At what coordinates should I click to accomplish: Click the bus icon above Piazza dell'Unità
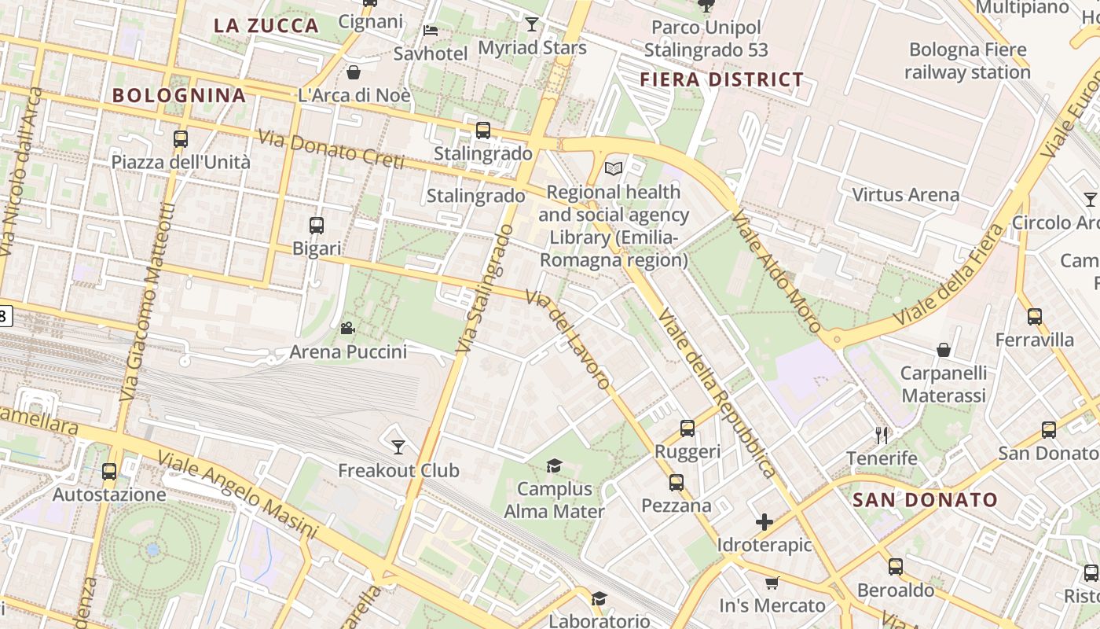pyautogui.click(x=181, y=139)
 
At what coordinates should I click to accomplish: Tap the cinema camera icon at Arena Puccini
pyautogui.click(x=347, y=328)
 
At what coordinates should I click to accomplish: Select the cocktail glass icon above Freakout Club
pyautogui.click(x=398, y=447)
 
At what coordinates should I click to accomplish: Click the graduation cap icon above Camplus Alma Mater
pyautogui.click(x=554, y=466)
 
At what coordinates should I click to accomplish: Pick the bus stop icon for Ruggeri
pyautogui.click(x=687, y=429)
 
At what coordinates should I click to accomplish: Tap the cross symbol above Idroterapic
pyautogui.click(x=764, y=522)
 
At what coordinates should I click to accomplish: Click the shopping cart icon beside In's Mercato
pyautogui.click(x=772, y=583)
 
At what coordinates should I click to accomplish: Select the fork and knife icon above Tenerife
pyautogui.click(x=882, y=435)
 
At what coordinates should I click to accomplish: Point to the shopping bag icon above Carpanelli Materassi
pyautogui.click(x=944, y=350)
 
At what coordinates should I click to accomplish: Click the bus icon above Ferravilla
pyautogui.click(x=1035, y=317)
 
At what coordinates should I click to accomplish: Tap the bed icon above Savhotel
pyautogui.click(x=431, y=31)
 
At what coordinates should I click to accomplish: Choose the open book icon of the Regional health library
pyautogui.click(x=614, y=168)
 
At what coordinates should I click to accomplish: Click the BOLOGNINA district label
pyautogui.click(x=179, y=96)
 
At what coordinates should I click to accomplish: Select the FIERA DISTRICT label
pyautogui.click(x=721, y=79)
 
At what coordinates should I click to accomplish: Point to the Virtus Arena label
pyautogui.click(x=905, y=195)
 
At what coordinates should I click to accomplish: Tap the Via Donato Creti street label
pyautogui.click(x=330, y=149)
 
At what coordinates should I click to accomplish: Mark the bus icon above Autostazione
pyautogui.click(x=109, y=472)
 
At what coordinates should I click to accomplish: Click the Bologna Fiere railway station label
pyautogui.click(x=967, y=61)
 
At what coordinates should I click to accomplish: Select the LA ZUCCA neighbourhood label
pyautogui.click(x=266, y=25)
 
